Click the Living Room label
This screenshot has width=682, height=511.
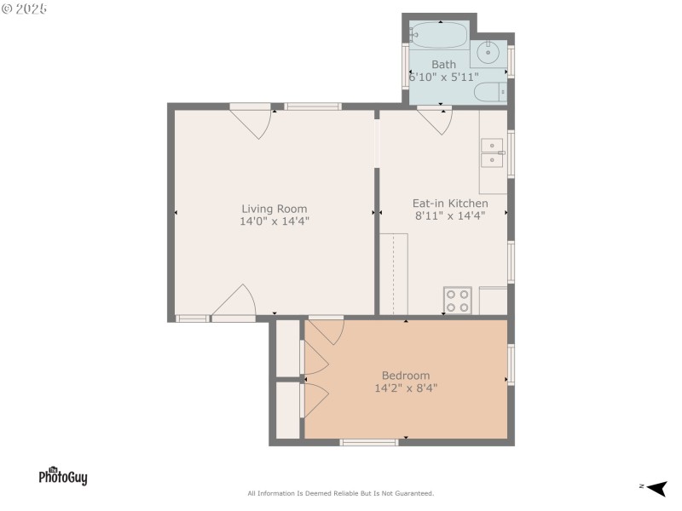pos(275,209)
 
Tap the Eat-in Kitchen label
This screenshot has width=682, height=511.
pos(450,204)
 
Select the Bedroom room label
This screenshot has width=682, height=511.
pos(406,376)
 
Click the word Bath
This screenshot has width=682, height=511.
pos(443,65)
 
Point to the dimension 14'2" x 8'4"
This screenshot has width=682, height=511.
pos(406,388)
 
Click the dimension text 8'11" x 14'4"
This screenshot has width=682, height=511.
pos(450,215)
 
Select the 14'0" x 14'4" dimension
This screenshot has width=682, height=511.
pos(275,221)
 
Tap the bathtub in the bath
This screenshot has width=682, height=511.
pos(439,35)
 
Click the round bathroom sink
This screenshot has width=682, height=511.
pos(488,52)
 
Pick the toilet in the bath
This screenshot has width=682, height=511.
pos(490,93)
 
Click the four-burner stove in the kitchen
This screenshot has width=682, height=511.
pos(458,301)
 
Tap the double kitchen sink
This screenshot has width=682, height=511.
pos(493,153)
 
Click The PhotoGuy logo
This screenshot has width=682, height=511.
pos(63,476)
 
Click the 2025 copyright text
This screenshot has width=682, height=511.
pos(25,9)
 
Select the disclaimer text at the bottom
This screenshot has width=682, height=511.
pos(340,493)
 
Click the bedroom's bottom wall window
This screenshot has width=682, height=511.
pos(369,442)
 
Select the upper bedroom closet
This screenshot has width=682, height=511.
pos(288,348)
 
